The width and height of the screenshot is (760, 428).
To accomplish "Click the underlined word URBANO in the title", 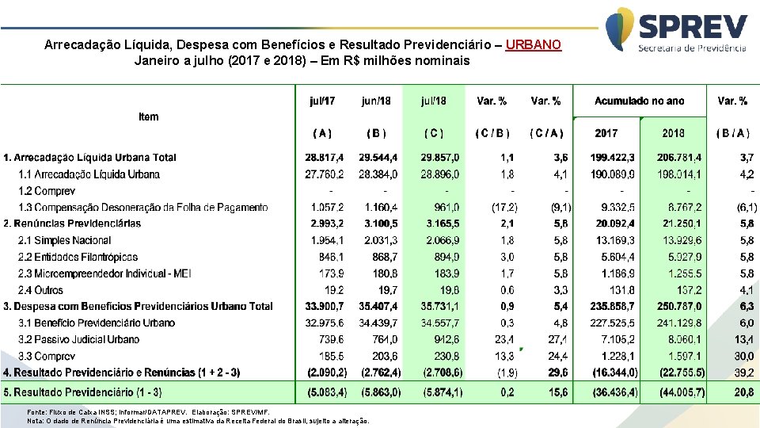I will point(533,44).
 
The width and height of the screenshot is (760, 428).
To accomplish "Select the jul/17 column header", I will point(322,101).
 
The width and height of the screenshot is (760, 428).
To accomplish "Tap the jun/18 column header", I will point(376,101).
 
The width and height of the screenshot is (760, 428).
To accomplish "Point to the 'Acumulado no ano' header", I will point(639,101).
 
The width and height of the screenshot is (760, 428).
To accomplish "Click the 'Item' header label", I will point(148,117).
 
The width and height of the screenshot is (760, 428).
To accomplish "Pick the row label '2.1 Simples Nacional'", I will point(65,240).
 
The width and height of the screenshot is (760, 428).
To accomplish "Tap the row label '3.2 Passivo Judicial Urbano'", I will point(78,339).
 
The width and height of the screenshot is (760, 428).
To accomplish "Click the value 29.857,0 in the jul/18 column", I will point(441,158).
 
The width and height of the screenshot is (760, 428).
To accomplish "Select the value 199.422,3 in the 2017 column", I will point(612,158).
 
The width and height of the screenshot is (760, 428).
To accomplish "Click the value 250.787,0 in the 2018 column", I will point(678,306).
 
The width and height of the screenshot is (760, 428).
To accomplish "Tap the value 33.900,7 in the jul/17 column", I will point(325,306).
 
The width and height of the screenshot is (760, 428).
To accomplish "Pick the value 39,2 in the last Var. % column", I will point(745,373).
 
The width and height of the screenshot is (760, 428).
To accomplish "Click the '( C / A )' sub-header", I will point(546,132).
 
